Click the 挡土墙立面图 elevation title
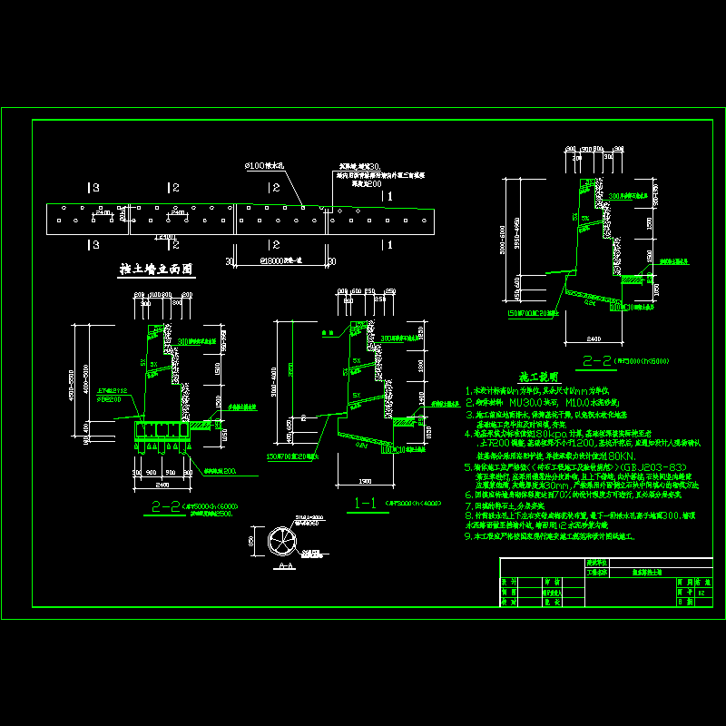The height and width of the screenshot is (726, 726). (x=157, y=270)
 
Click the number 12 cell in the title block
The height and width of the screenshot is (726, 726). (x=701, y=589)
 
